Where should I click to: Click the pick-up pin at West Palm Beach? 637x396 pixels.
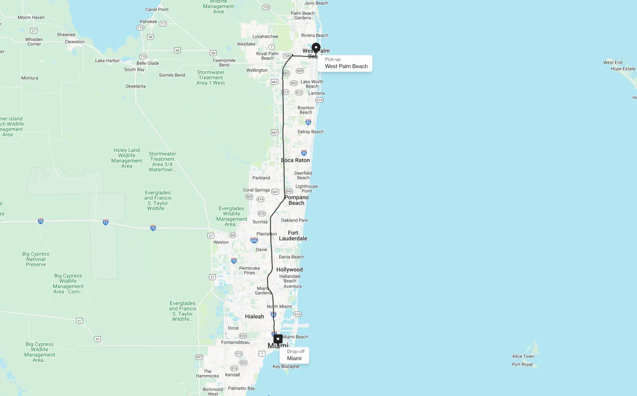click(316, 48)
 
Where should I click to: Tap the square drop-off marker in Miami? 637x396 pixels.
click(278, 339)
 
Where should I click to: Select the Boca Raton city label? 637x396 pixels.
click(295, 160)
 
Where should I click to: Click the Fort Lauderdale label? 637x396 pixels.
click(293, 236)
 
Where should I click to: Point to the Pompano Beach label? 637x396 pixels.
click(296, 200)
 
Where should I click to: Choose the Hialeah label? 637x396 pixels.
click(254, 317)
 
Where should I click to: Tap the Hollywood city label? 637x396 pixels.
click(290, 270)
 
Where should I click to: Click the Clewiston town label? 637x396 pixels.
click(75, 42)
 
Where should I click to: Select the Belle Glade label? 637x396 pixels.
click(148, 63)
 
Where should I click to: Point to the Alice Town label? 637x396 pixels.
click(523, 357)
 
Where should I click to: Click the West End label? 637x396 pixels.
click(613, 63)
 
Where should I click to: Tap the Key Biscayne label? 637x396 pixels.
click(286, 367)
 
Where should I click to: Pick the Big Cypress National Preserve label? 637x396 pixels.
click(36, 259)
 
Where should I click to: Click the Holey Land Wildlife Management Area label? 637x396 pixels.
click(127, 158)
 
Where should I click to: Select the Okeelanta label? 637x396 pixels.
click(135, 86)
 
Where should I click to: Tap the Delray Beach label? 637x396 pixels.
click(311, 132)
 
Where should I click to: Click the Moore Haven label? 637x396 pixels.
click(31, 17)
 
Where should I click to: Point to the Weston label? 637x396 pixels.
click(221, 243)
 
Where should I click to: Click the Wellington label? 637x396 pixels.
click(257, 70)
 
